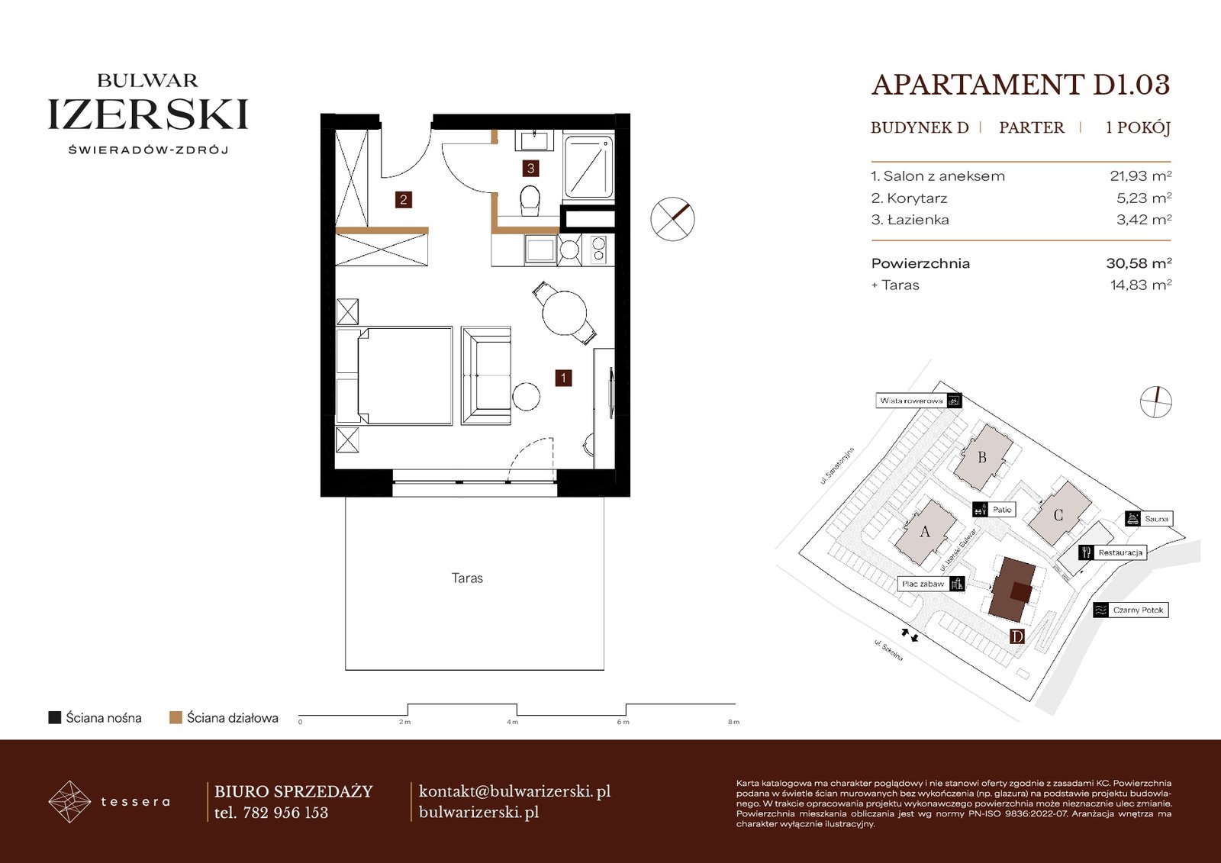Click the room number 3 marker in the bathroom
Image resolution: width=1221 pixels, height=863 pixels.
tap(530, 168)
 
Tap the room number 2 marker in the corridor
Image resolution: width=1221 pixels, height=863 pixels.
tap(404, 200)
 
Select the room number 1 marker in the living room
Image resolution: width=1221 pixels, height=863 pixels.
tap(563, 378)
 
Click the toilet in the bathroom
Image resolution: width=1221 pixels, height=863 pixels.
tap(530, 199)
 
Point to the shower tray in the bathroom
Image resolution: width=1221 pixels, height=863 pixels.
tap(588, 166)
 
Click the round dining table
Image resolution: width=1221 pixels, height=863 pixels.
tap(564, 313)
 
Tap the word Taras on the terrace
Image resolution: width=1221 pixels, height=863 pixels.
tap(467, 578)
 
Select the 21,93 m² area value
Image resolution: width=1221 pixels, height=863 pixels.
tap(1141, 176)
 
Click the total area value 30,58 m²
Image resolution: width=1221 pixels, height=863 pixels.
tap(1139, 263)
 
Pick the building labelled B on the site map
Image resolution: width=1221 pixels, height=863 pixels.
tap(982, 457)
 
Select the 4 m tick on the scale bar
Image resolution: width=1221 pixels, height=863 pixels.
tap(513, 722)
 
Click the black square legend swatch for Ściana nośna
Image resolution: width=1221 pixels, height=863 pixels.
tap(54, 717)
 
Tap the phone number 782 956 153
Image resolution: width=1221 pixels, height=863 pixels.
tap(285, 813)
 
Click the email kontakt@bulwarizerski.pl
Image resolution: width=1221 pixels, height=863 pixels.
tap(514, 791)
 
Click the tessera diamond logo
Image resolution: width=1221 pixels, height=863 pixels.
tap(69, 801)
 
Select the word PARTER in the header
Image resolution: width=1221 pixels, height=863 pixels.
tap(1031, 127)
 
